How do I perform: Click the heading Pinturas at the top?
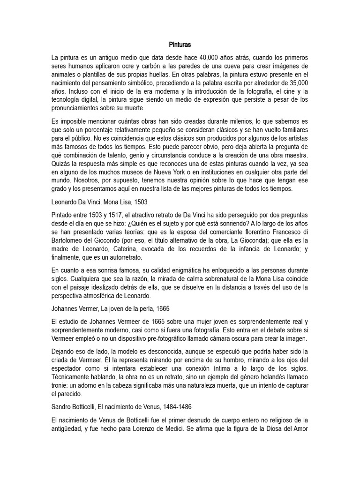coord(180,45)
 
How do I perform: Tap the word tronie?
coord(60,385)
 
